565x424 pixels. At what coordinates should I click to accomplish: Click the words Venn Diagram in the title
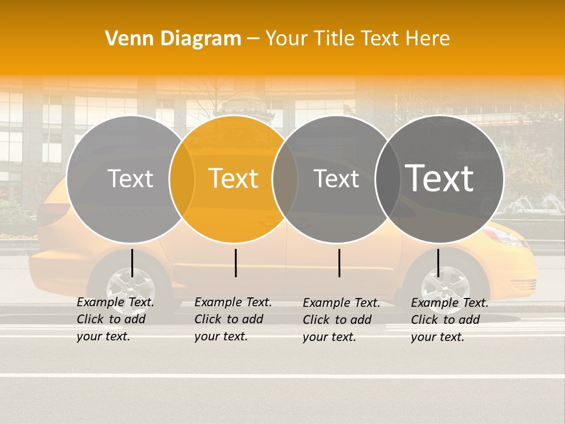(173, 38)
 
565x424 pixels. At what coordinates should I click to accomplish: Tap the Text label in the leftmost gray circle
(131, 178)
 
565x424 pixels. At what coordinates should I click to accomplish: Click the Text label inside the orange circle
(234, 178)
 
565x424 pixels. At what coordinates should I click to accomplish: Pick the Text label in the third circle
(337, 178)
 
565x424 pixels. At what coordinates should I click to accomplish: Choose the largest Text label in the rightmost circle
(440, 178)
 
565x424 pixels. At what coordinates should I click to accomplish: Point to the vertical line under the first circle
(132, 263)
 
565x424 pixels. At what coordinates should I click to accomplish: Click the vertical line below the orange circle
(235, 263)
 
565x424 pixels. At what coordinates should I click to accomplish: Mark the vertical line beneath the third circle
(340, 263)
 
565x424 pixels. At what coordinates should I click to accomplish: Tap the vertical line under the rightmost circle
(438, 263)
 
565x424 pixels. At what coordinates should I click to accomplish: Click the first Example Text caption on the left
(115, 319)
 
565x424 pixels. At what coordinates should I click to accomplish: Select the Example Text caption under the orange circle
(232, 319)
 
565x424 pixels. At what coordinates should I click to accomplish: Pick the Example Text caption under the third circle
(341, 320)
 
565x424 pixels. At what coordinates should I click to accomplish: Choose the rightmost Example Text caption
(449, 320)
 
